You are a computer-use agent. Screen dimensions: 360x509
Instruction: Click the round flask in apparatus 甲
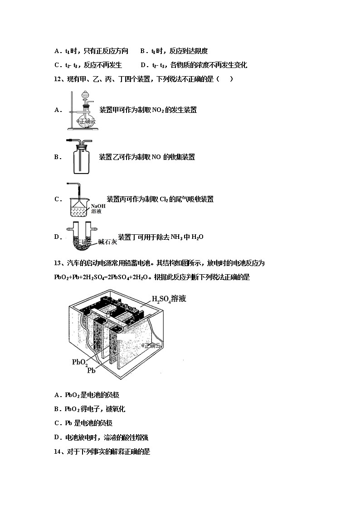(x=84, y=117)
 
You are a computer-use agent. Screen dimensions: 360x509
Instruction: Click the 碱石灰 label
(x=107, y=242)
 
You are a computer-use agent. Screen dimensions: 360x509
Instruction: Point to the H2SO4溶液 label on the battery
(x=169, y=299)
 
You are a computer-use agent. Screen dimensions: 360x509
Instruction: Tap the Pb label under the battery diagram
(x=91, y=370)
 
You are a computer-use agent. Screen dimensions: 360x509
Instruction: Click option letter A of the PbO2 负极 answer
(x=57, y=395)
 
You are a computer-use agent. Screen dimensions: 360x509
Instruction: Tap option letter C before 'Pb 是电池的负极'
(x=57, y=423)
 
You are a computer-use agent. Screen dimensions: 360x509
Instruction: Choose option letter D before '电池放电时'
(x=57, y=437)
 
